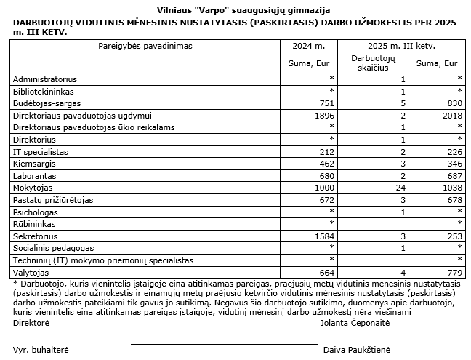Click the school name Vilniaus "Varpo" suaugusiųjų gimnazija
pos(233,9)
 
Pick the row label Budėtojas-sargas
pos(46,103)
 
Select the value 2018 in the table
pos(451,115)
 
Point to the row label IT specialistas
pos(41,151)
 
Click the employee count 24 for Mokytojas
pos(398,188)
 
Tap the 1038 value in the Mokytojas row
pos(451,188)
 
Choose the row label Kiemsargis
pos(34,164)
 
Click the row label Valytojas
pos(33,272)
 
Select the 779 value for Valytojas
pos(454,272)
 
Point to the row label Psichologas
pos(37,212)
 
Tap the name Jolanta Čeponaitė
pos(355,321)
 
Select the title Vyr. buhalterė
pos(41,350)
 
